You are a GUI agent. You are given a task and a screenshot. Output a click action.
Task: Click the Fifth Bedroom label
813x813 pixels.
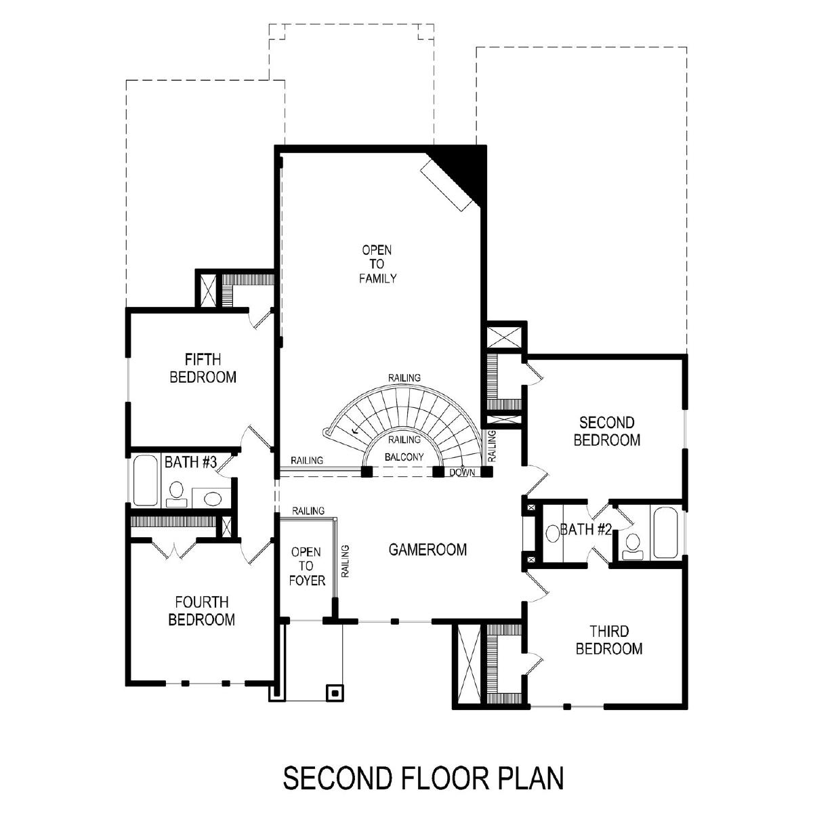coord(203,368)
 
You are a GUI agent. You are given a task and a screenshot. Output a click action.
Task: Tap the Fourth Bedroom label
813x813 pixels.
coord(202,610)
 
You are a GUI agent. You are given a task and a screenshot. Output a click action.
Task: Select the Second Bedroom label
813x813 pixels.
coord(606,431)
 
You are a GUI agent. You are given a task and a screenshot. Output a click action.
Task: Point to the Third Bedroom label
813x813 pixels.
coord(609,640)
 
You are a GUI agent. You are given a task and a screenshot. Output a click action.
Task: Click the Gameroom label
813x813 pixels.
coord(428,549)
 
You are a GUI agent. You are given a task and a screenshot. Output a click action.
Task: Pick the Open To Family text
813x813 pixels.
coord(377,264)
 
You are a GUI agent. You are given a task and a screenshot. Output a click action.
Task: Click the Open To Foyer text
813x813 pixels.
coord(307,566)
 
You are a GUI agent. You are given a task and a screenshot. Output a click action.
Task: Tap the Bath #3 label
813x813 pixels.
coord(190,462)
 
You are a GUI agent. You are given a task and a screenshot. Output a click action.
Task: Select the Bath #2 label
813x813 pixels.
coord(585,530)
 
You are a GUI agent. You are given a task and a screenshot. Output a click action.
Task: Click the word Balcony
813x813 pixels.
coord(404,457)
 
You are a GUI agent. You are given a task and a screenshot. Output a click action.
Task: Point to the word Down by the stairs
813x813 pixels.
coord(462,472)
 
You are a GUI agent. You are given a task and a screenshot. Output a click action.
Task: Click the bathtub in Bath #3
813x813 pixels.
coord(145,480)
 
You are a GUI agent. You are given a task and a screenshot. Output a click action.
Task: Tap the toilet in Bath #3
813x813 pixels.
coord(176,494)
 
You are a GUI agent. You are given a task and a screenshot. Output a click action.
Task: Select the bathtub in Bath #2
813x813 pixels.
coord(665,533)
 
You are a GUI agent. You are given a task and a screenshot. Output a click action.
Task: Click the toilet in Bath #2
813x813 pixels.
coord(632,546)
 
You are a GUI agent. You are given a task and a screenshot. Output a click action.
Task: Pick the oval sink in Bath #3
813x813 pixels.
coord(213,498)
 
